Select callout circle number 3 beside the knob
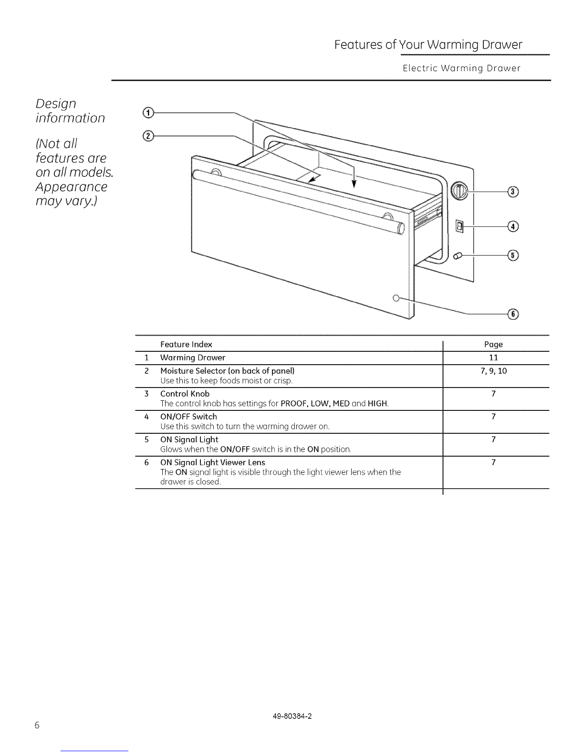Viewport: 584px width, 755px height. pyautogui.click(x=513, y=192)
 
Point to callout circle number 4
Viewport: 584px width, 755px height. pyautogui.click(x=513, y=226)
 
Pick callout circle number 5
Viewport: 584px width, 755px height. pyautogui.click(x=513, y=255)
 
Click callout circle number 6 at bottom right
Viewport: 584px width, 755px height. pyautogui.click(x=513, y=314)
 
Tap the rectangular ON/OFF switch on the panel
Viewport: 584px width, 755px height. pyautogui.click(x=459, y=226)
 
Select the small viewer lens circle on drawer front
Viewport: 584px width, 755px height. pyautogui.click(x=396, y=298)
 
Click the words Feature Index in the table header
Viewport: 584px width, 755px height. pyautogui.click(x=186, y=344)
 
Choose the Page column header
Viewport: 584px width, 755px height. pyautogui.click(x=493, y=344)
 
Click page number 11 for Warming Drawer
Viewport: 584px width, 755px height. pyautogui.click(x=493, y=357)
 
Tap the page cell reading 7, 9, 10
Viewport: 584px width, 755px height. pyautogui.click(x=493, y=371)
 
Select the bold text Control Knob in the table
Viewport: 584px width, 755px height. pyautogui.click(x=185, y=394)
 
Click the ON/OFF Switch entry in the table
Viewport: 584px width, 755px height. pyautogui.click(x=188, y=417)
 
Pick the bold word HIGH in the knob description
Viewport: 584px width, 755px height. pyautogui.click(x=377, y=404)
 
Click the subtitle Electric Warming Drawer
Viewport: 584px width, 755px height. pyautogui.click(x=461, y=68)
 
